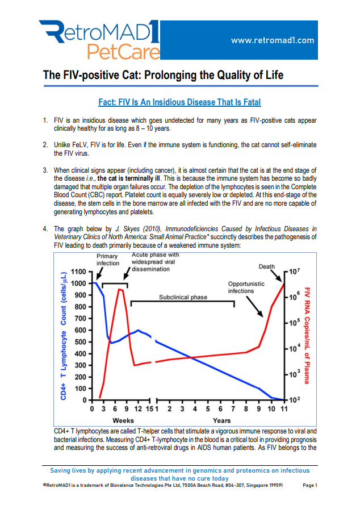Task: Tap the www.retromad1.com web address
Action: (x=273, y=40)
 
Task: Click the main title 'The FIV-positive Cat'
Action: (x=164, y=76)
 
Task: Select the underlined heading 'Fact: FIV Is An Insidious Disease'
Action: (x=179, y=102)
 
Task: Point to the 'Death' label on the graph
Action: (x=266, y=266)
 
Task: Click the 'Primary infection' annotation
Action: (x=108, y=260)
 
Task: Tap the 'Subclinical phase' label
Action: (x=183, y=297)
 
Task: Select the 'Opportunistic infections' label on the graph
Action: (x=245, y=287)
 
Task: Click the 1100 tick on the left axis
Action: (x=79, y=272)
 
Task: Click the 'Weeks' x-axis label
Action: (x=123, y=420)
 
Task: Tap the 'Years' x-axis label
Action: (x=221, y=420)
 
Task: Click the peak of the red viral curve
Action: (x=120, y=289)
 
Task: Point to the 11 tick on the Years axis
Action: (x=284, y=408)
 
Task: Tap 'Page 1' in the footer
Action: (x=310, y=486)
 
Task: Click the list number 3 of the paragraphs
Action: (x=45, y=170)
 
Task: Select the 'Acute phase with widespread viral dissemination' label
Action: (x=155, y=262)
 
